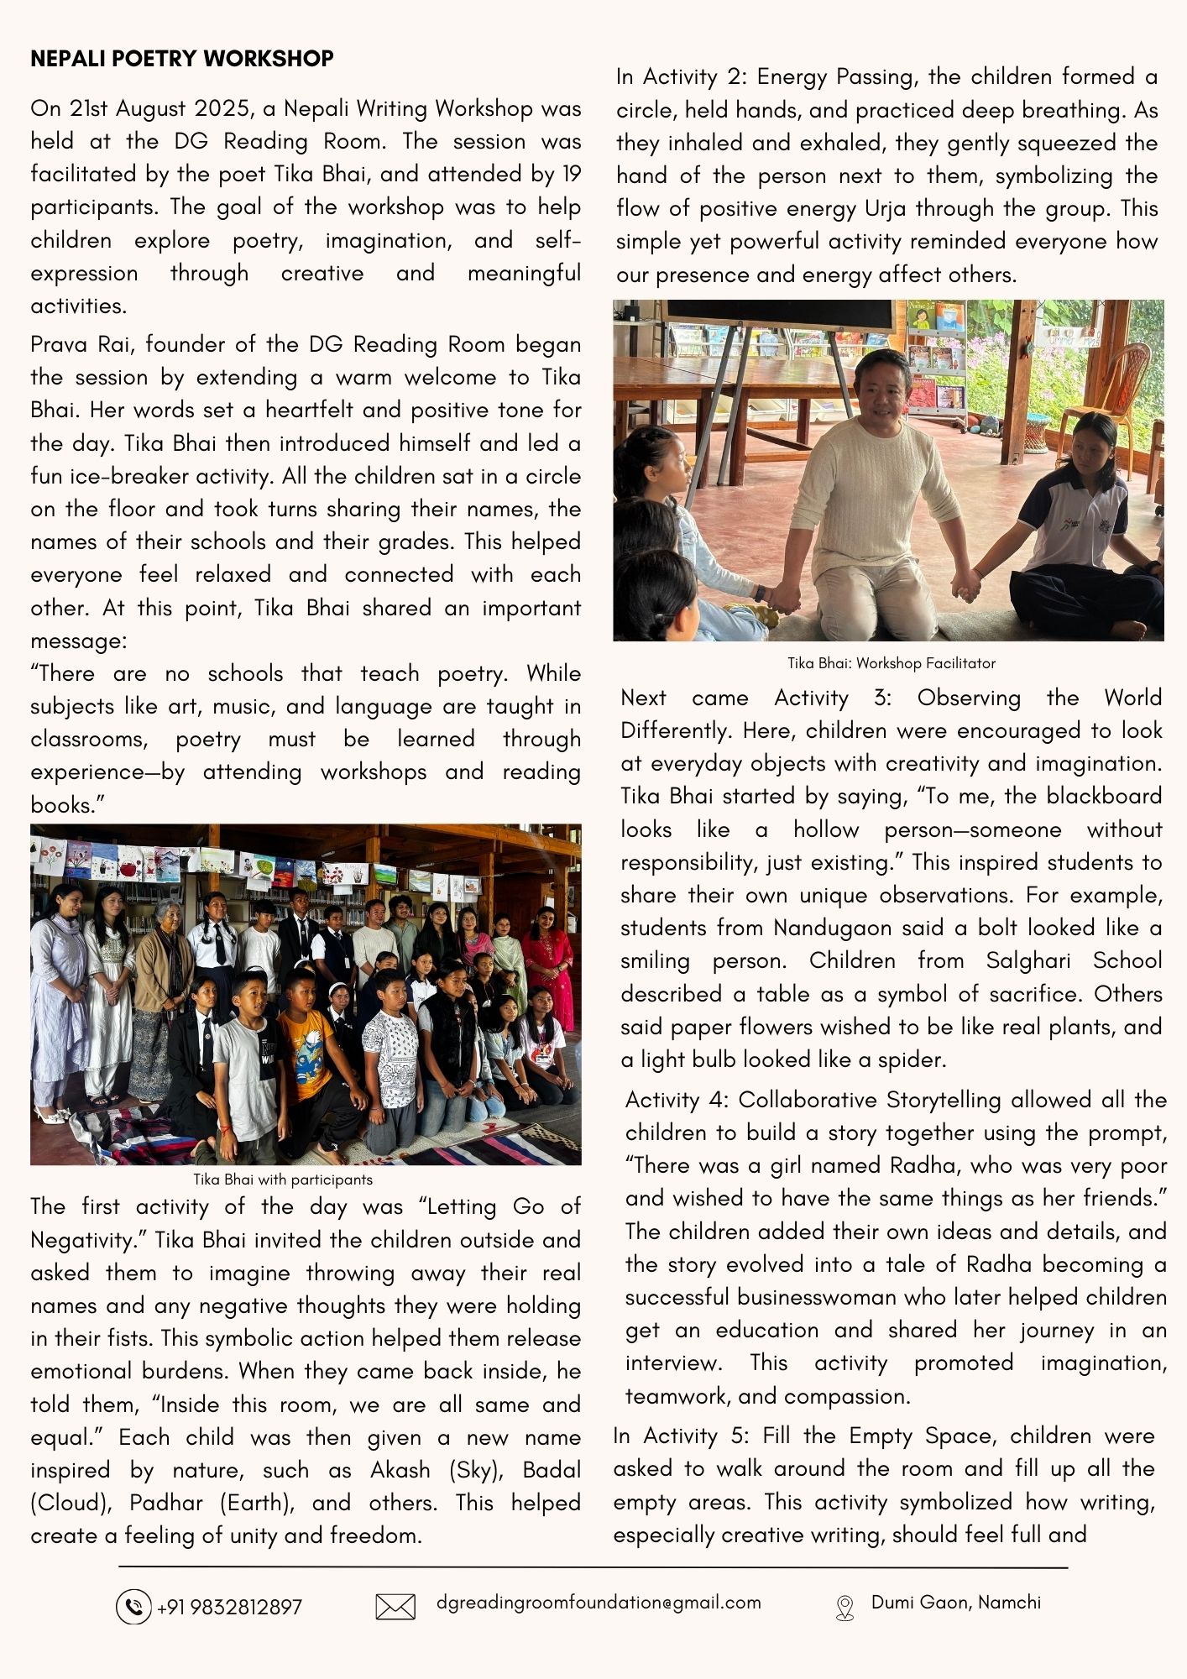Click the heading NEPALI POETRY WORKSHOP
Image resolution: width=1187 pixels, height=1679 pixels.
tap(181, 59)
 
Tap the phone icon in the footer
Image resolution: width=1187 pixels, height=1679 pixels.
tap(133, 1607)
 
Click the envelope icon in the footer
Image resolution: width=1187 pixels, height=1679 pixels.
tap(395, 1607)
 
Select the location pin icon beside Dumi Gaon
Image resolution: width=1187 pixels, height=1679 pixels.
tap(844, 1607)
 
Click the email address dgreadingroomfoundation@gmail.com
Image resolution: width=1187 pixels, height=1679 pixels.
tap(599, 1602)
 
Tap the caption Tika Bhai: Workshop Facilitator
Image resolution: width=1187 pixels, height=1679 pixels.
tap(891, 663)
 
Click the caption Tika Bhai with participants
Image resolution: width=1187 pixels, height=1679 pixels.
tap(283, 1179)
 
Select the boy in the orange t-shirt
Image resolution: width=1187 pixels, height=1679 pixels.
tap(304, 1041)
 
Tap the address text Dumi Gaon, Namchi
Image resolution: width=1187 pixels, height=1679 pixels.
tap(956, 1602)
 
